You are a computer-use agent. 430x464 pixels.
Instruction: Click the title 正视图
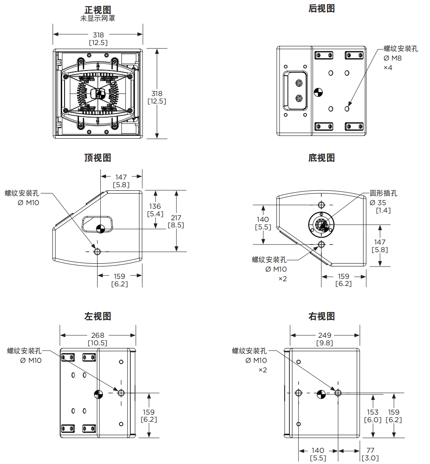click(98, 10)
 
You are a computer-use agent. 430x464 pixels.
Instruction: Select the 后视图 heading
click(321, 8)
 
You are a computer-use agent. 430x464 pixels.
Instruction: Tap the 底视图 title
click(321, 158)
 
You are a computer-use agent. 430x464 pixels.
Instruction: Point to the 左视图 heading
click(98, 316)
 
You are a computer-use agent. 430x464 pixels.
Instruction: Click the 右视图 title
click(321, 316)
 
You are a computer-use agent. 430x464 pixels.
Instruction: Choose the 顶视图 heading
click(98, 158)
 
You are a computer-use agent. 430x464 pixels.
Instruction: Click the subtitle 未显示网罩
click(98, 18)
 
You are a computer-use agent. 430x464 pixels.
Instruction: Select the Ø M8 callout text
click(393, 58)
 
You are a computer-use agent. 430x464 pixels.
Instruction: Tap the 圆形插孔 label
click(383, 193)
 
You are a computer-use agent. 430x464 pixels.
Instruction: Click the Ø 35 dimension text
click(378, 202)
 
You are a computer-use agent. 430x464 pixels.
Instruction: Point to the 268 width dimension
click(98, 335)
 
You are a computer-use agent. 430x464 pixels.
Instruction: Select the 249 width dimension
click(324, 335)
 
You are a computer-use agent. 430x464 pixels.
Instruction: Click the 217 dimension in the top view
click(176, 218)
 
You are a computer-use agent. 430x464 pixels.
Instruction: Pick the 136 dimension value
click(155, 206)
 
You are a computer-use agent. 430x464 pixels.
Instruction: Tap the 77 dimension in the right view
click(370, 450)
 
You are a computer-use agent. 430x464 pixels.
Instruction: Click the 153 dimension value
click(373, 412)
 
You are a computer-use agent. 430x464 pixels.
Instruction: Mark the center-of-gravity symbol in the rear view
click(318, 93)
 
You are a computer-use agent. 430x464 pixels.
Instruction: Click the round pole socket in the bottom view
click(321, 225)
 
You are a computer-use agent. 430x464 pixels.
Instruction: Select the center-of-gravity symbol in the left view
click(98, 394)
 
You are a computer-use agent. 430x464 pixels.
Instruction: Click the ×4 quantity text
click(388, 68)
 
